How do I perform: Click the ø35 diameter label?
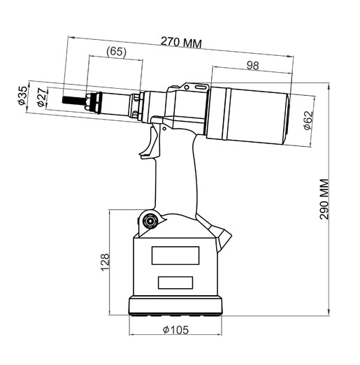tap(22, 95)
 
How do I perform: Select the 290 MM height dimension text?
tap(324, 199)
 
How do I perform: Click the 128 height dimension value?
tap(105, 262)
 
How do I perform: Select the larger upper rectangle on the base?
tap(175, 255)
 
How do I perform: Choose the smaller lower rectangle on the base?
tap(175, 282)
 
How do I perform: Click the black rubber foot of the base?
tap(176, 307)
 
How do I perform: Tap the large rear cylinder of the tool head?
tap(248, 113)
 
